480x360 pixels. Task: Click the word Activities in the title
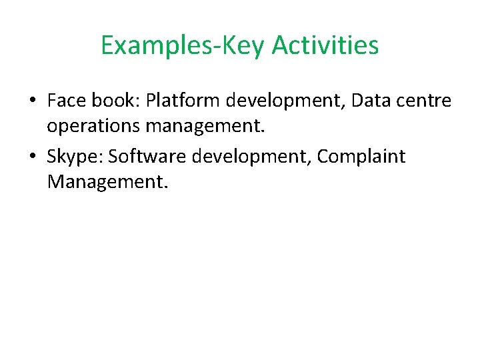tap(325, 45)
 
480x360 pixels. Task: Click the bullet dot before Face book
tap(32, 101)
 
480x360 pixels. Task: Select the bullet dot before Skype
tap(32, 157)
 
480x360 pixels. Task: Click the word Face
tap(65, 101)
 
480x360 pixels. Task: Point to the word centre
tap(425, 101)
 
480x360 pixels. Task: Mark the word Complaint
tap(361, 157)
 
